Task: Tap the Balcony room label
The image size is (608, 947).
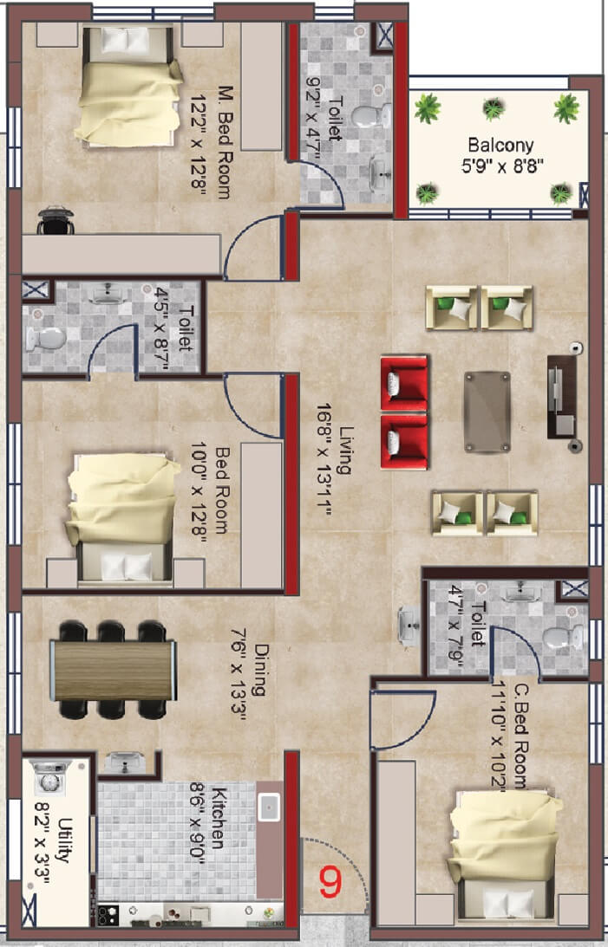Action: tap(500, 145)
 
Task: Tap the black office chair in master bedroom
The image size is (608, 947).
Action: tap(54, 220)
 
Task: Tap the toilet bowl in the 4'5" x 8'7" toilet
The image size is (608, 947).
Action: tap(44, 339)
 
